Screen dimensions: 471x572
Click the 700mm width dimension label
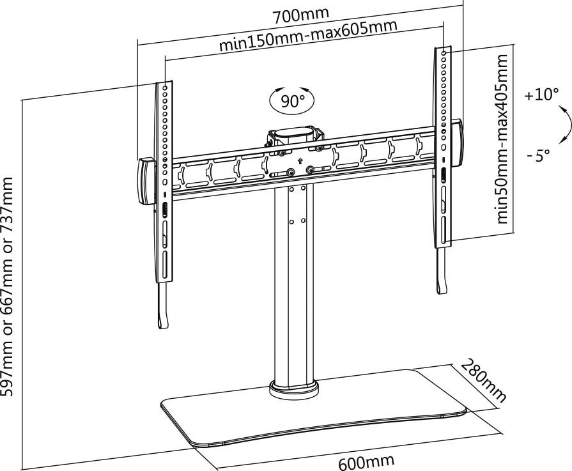[x=300, y=13]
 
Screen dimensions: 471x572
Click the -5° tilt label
[x=539, y=156]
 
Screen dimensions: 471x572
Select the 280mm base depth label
[x=484, y=382]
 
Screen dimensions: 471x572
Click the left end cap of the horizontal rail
[x=145, y=181]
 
